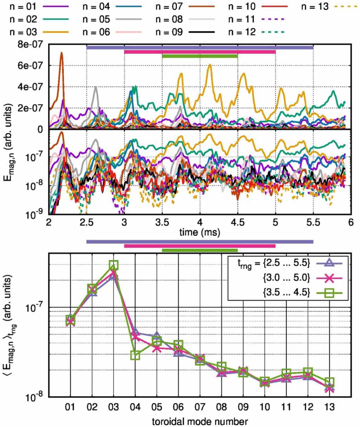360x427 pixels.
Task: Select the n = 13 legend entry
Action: tap(315, 7)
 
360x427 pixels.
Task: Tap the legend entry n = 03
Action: tap(23, 32)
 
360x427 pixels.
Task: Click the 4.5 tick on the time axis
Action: tap(238, 222)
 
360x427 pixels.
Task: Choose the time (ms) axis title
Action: tap(199, 233)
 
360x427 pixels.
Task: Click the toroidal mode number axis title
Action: tap(199, 421)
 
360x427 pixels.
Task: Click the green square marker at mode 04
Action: tap(135, 356)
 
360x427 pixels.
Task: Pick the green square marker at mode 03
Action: tap(113, 265)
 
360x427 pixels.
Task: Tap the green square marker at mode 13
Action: tap(329, 382)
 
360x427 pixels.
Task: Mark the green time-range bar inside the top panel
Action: tap(199, 56)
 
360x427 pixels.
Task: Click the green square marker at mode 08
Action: tap(221, 367)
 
